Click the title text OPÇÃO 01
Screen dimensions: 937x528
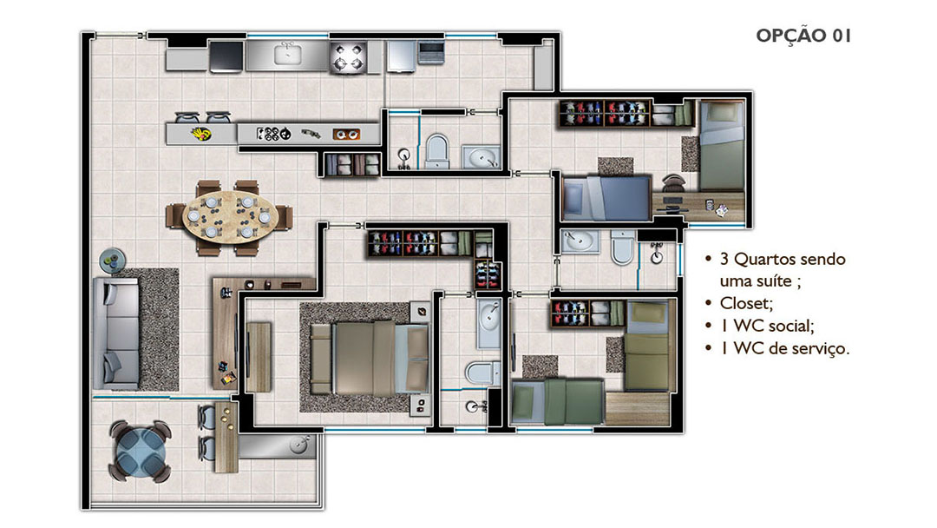coord(803,36)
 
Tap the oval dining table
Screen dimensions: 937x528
coord(229,217)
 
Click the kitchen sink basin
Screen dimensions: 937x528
coord(287,55)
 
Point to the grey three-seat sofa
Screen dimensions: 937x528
coord(116,333)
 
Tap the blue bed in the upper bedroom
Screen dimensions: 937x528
coord(606,197)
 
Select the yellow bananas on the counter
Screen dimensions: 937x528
coord(201,134)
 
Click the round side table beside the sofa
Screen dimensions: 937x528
coord(112,261)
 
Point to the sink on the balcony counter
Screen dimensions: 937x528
coord(299,445)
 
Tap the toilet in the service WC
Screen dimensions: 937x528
coord(436,151)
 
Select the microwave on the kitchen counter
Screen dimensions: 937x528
coord(430,51)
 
